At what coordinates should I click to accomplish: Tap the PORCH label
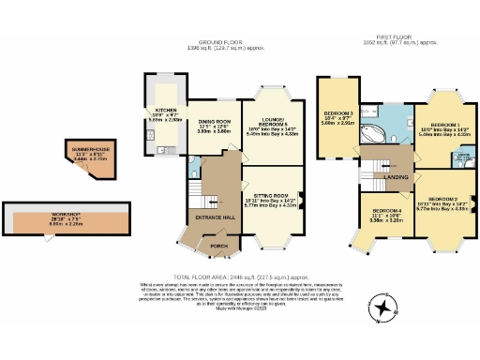[218, 247]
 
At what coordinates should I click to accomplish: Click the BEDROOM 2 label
[442, 200]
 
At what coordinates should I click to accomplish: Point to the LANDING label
[396, 177]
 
